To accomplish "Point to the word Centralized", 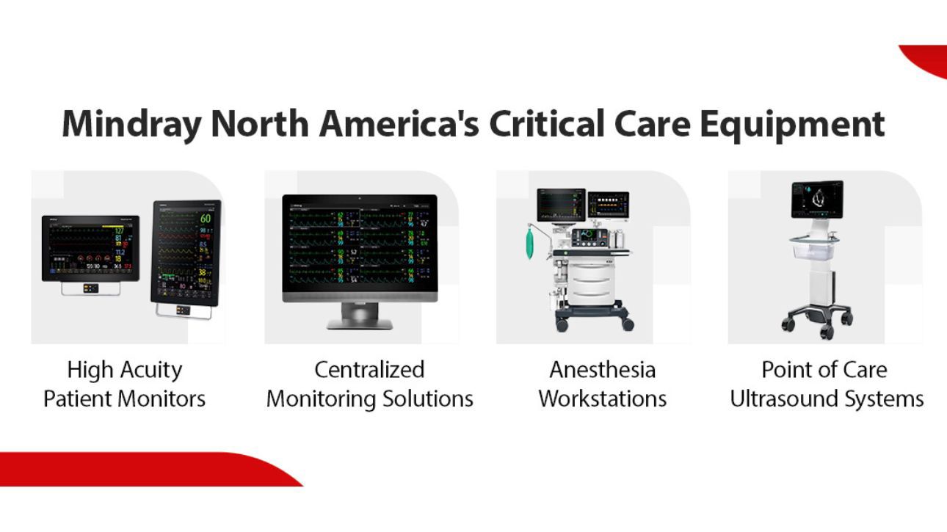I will pos(369,369).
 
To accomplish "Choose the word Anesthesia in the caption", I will pos(602,369).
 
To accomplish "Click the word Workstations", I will pos(602,399).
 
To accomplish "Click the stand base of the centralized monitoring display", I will pos(360,323).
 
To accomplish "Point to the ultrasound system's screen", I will pos(817,199).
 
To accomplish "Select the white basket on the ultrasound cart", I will pos(815,250).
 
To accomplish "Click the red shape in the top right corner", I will pos(926,59).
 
